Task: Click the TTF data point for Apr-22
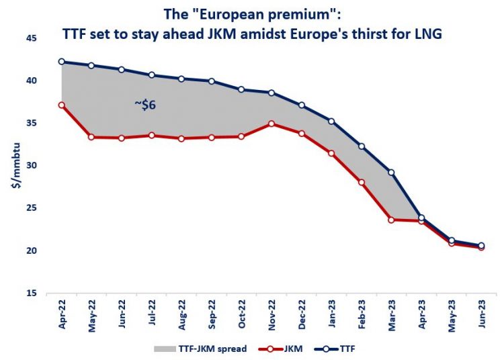click(x=62, y=61)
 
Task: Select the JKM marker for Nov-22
click(x=271, y=124)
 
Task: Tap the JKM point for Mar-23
click(x=391, y=220)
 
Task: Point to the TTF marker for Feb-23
click(x=362, y=146)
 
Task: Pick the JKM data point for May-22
click(x=91, y=137)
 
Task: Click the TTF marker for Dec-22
click(x=302, y=105)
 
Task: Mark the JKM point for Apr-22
click(x=62, y=105)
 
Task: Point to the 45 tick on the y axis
click(x=32, y=38)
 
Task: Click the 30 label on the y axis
click(x=32, y=166)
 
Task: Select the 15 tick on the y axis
click(x=32, y=294)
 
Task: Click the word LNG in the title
click(x=429, y=32)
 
